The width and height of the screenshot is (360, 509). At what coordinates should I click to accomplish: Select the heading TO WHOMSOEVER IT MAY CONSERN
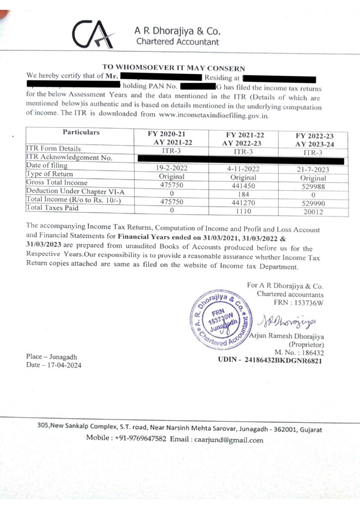pos(174,67)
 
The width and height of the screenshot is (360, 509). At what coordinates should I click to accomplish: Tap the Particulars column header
pos(81,132)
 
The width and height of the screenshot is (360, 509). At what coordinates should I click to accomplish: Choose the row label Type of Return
pos(50,174)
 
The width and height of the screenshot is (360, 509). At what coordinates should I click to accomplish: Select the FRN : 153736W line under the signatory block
pos(298,302)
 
